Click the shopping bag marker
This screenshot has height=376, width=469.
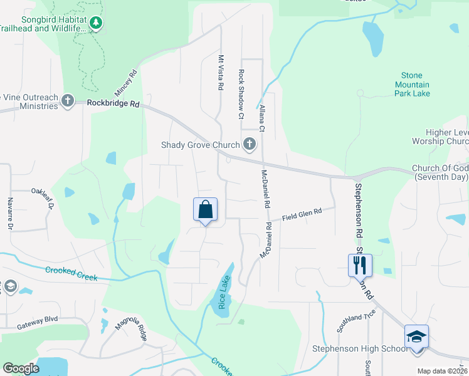coord(206,210)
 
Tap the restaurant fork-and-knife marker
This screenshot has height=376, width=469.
coord(360,264)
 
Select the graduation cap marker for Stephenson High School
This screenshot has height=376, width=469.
coord(416,337)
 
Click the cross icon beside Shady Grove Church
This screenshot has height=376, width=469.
coord(250,145)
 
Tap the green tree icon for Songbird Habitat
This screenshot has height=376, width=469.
coord(95,24)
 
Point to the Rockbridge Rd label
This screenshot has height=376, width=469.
coord(113,103)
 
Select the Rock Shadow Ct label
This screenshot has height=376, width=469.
coord(241,93)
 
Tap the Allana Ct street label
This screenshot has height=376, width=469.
coord(263,118)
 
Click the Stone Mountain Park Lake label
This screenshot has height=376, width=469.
coord(412,85)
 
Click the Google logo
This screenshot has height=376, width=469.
coord(21,368)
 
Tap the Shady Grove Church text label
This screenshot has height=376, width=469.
coord(200,145)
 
